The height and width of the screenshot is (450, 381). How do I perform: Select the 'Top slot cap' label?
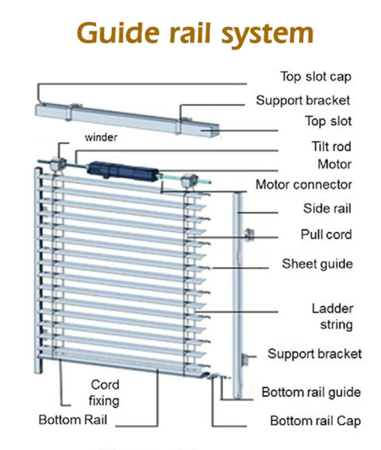(316, 76)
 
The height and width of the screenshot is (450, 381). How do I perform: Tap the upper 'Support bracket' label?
(303, 100)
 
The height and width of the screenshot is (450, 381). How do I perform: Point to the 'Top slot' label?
(328, 122)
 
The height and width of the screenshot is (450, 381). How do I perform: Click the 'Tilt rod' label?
(332, 147)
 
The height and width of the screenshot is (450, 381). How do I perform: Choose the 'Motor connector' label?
(303, 185)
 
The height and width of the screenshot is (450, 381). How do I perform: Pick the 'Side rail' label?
(327, 209)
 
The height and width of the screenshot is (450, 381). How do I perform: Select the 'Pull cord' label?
(326, 235)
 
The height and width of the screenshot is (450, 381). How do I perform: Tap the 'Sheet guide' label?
(317, 264)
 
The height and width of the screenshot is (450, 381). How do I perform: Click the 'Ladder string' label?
(332, 316)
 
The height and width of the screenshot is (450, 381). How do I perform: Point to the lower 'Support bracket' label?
(314, 353)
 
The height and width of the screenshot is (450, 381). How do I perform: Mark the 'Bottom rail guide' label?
(311, 392)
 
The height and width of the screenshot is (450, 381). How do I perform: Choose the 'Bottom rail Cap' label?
(315, 421)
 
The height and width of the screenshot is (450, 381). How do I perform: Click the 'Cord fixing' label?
(105, 393)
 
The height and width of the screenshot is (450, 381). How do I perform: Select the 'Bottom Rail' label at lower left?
(73, 420)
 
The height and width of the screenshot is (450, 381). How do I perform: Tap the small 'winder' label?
(101, 138)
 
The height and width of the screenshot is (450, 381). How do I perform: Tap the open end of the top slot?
(211, 129)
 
